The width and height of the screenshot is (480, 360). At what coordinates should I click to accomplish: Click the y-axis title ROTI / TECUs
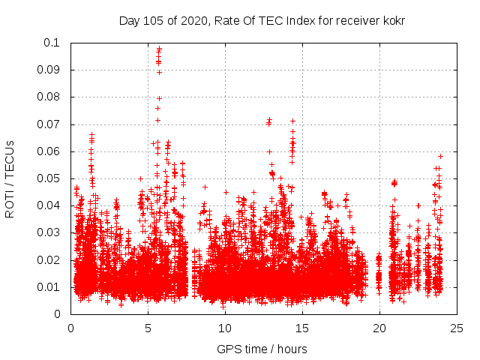pyautogui.click(x=10, y=178)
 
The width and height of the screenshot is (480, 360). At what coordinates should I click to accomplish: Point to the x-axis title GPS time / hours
pyautogui.click(x=262, y=349)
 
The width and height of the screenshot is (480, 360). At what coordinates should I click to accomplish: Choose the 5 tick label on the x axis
pyautogui.click(x=148, y=327)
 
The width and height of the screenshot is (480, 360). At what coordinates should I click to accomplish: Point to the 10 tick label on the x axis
pyautogui.click(x=225, y=327)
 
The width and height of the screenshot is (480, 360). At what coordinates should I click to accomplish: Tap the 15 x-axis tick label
pyautogui.click(x=302, y=327)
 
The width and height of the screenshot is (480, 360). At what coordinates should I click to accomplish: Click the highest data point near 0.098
pyautogui.click(x=159, y=49)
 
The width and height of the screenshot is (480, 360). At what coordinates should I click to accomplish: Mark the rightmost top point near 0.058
pyautogui.click(x=441, y=156)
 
